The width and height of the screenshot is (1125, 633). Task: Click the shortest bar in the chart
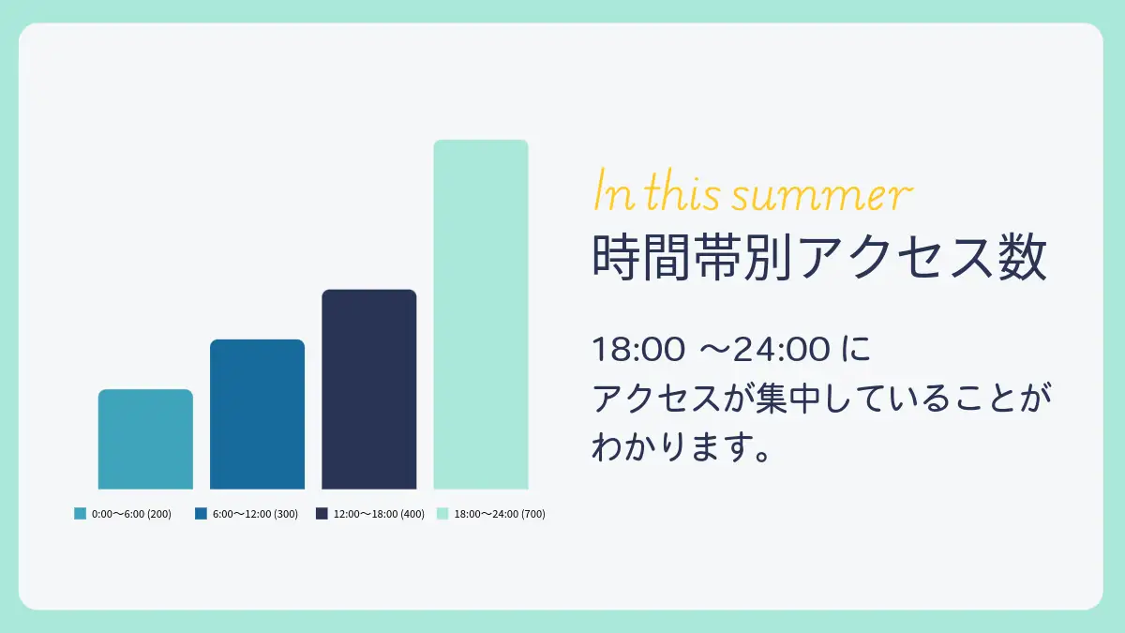click(145, 439)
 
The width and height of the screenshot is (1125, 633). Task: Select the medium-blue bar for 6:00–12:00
click(257, 414)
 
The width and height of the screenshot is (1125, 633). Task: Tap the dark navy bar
click(369, 389)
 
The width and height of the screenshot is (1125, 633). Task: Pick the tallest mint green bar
click(481, 314)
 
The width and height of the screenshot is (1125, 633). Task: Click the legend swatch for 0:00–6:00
click(81, 514)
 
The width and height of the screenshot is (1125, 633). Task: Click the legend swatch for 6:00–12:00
click(201, 514)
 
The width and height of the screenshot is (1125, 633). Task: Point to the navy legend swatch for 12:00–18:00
click(322, 514)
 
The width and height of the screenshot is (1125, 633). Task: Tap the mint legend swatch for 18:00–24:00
click(442, 514)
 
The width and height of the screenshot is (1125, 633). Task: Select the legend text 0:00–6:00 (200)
click(131, 514)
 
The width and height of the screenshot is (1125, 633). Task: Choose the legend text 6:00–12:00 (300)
click(255, 514)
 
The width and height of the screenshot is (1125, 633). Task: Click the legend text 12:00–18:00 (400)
click(379, 514)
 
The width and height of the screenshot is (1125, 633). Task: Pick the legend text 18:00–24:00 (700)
click(500, 514)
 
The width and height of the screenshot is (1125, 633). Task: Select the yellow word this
click(682, 189)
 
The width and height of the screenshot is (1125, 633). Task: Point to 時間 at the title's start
click(642, 256)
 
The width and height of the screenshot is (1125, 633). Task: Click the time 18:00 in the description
click(638, 349)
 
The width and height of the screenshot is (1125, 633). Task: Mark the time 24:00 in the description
click(782, 349)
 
